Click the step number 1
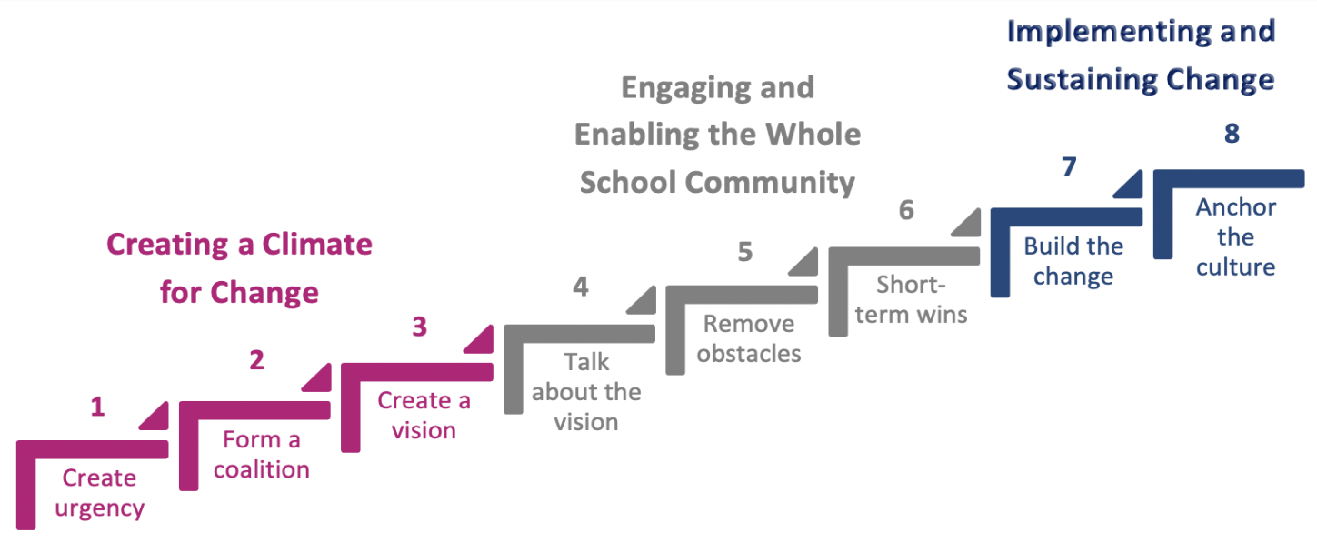point(97,407)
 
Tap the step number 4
point(581,287)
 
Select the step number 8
point(1232,134)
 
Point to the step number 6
point(905,210)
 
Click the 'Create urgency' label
point(99,493)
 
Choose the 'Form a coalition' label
point(262,455)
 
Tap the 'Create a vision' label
point(424,415)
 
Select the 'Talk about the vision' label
point(586,392)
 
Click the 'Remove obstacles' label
point(749,338)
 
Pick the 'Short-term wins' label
point(911,299)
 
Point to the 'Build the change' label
point(1073,261)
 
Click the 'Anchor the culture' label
point(1235,237)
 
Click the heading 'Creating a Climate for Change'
point(239,268)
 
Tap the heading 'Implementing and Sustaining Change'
point(1141,55)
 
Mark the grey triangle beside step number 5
point(803,261)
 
